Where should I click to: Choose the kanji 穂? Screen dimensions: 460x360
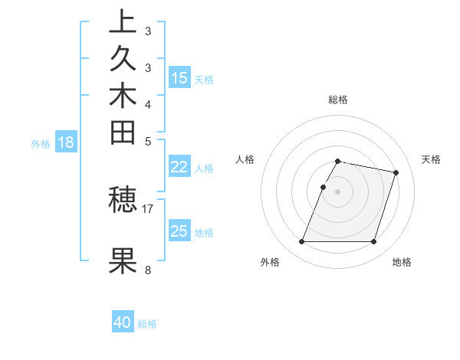click(123, 200)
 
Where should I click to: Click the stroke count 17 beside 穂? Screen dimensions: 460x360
click(148, 208)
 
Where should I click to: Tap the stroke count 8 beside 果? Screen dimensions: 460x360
click(148, 270)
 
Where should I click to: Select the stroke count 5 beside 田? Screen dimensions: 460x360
click(148, 141)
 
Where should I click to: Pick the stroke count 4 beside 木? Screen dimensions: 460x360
click(148, 104)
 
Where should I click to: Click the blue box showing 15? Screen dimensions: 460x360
click(179, 77)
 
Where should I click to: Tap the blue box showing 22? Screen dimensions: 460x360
click(179, 167)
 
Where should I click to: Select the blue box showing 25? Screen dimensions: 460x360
click(179, 231)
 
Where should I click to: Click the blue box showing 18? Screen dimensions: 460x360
click(66, 142)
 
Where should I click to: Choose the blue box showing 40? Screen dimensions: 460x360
click(123, 322)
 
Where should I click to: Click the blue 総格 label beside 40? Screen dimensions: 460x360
click(147, 324)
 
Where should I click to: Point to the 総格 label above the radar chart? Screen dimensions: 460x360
click(338, 100)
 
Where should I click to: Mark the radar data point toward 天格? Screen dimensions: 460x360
click(396, 173)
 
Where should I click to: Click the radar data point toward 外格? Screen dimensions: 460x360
click(302, 242)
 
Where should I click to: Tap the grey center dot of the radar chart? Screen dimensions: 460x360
click(338, 191)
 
